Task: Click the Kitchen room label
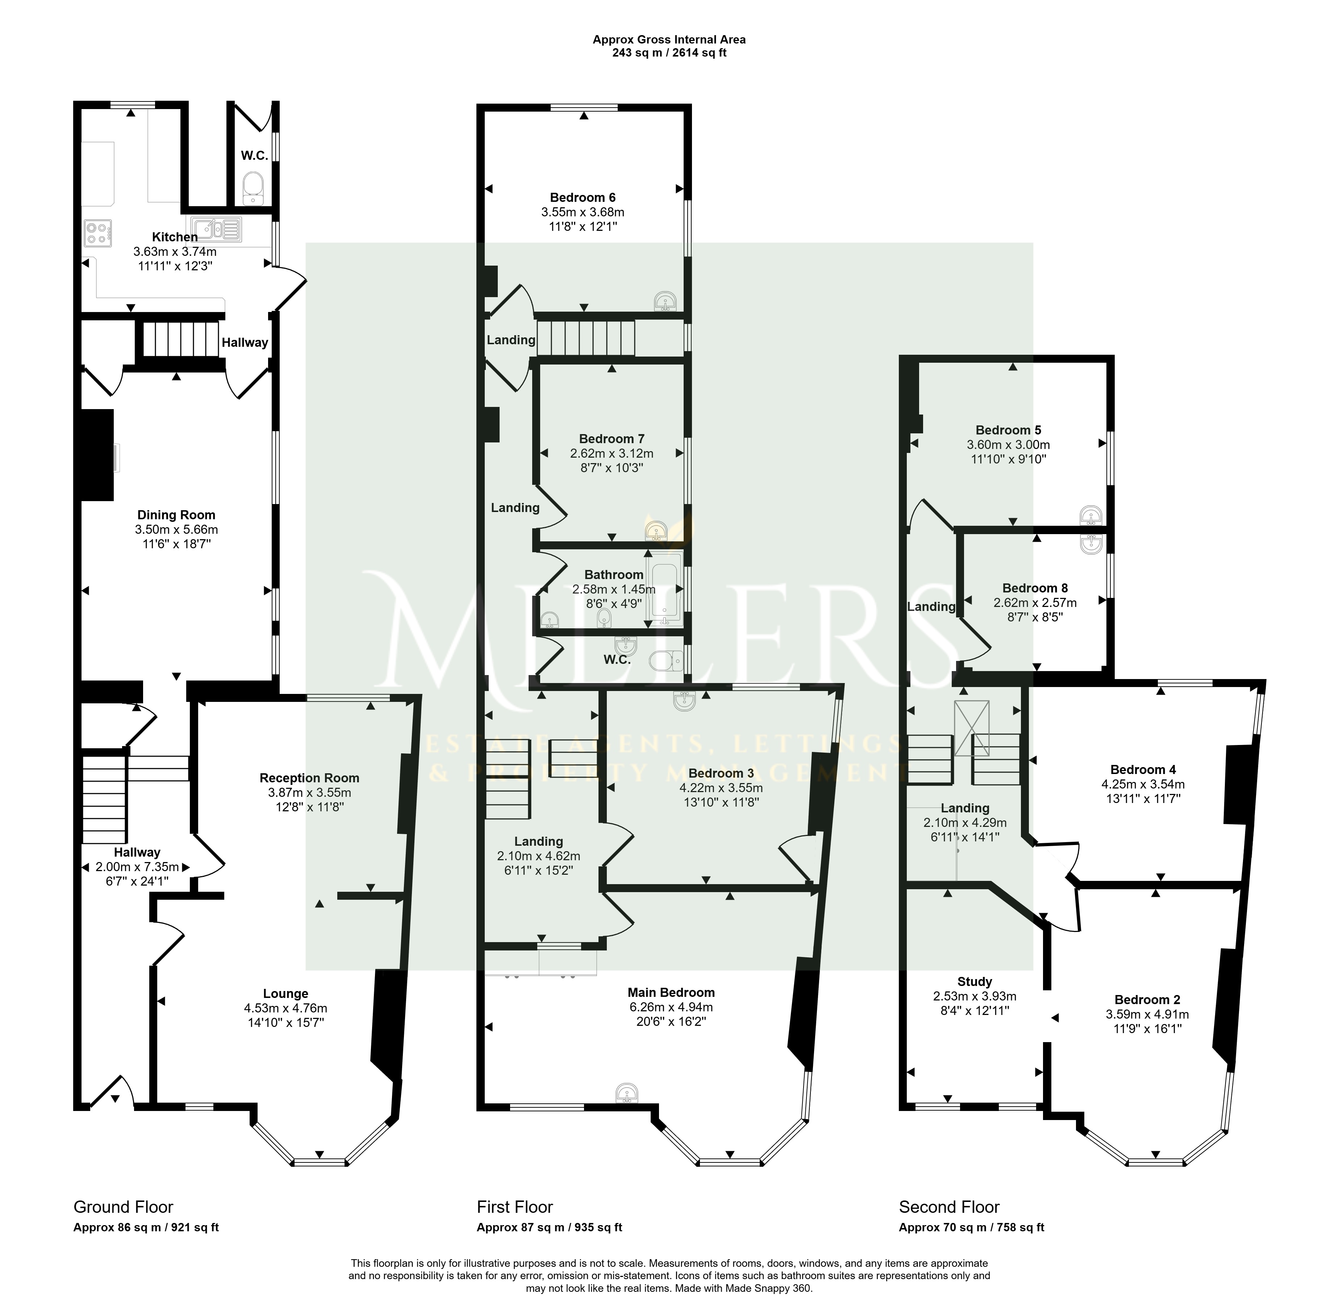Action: [x=175, y=237]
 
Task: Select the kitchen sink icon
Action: [x=216, y=229]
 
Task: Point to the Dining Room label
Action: [x=176, y=515]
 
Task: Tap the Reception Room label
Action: [x=309, y=778]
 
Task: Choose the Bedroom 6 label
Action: [x=583, y=197]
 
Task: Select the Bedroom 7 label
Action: [x=611, y=438]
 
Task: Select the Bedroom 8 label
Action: [x=1035, y=588]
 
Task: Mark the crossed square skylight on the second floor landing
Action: [x=971, y=728]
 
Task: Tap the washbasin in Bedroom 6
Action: [x=666, y=301]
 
